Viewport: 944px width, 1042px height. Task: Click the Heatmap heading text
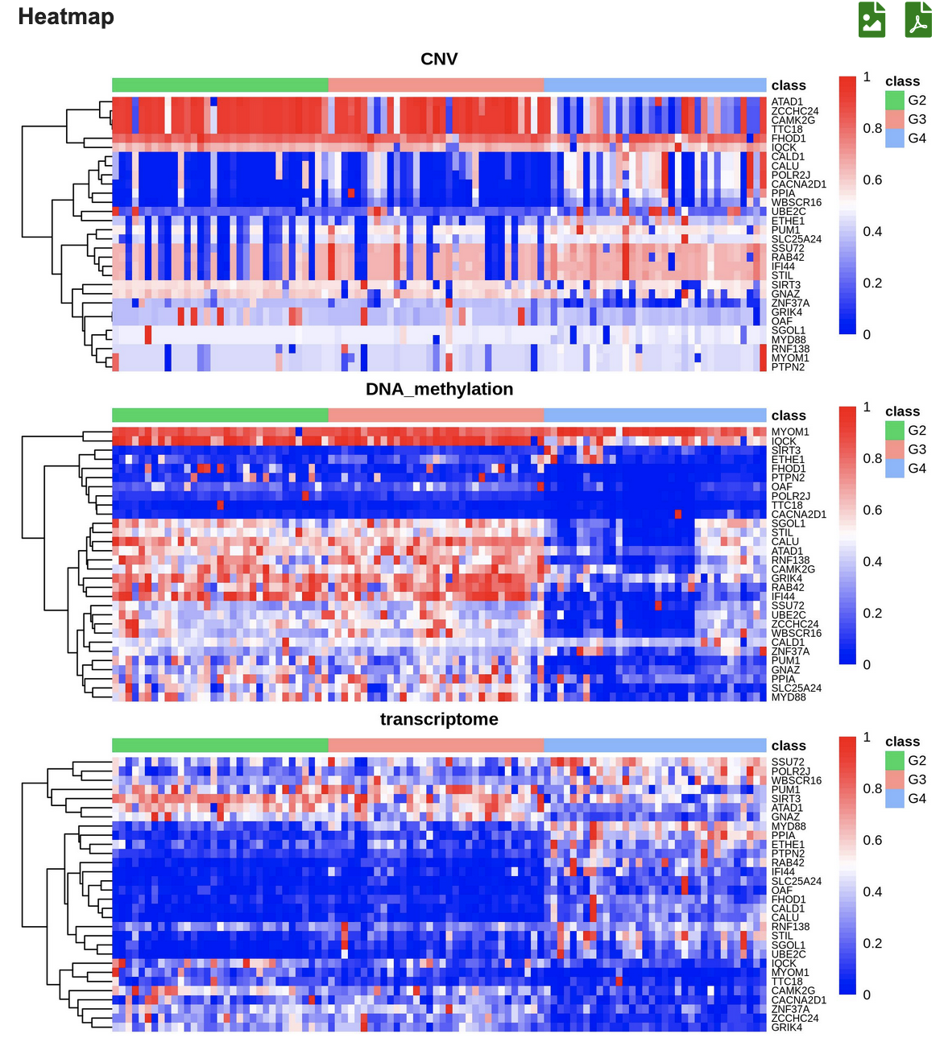pyautogui.click(x=66, y=17)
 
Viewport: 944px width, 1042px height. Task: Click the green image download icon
pyautogui.click(x=872, y=19)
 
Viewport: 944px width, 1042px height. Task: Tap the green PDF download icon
pyautogui.click(x=918, y=19)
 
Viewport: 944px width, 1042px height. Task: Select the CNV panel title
pyautogui.click(x=439, y=60)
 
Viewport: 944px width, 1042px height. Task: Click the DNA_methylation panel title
pyautogui.click(x=439, y=390)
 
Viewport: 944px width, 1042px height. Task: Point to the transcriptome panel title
pyautogui.click(x=439, y=720)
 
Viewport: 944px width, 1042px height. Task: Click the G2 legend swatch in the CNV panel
pyautogui.click(x=895, y=101)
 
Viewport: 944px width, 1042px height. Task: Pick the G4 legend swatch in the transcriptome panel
pyautogui.click(x=895, y=799)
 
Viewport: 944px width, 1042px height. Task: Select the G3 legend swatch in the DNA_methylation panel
pyautogui.click(x=895, y=449)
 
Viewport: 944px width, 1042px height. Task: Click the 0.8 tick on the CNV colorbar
pyautogui.click(x=872, y=129)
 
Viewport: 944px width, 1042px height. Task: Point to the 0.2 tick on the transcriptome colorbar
pyautogui.click(x=872, y=944)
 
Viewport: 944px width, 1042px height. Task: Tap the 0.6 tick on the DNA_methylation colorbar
pyautogui.click(x=872, y=511)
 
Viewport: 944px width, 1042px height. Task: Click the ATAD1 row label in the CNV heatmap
pyautogui.click(x=787, y=102)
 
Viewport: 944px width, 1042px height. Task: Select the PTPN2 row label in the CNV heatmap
pyautogui.click(x=788, y=367)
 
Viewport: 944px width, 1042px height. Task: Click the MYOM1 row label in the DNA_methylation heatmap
pyautogui.click(x=790, y=432)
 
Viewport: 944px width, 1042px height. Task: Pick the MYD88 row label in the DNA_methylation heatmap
pyautogui.click(x=789, y=697)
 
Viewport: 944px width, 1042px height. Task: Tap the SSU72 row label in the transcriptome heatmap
pyautogui.click(x=788, y=763)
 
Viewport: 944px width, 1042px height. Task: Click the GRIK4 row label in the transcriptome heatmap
pyautogui.click(x=787, y=1028)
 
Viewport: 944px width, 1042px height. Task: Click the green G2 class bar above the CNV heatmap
pyautogui.click(x=220, y=85)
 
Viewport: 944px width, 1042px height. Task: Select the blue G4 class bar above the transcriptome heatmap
pyautogui.click(x=655, y=746)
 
